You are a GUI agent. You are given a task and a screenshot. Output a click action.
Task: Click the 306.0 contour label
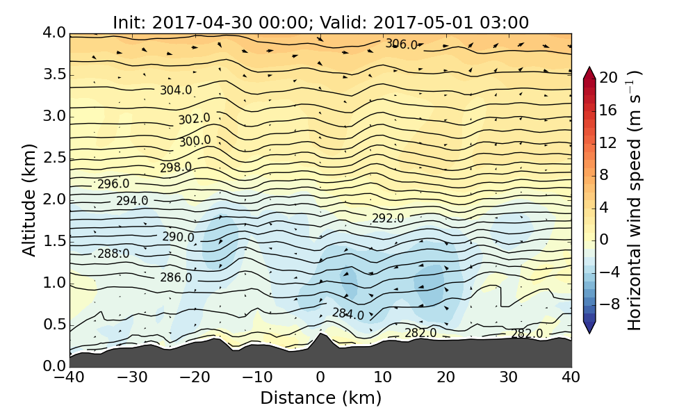click(x=402, y=45)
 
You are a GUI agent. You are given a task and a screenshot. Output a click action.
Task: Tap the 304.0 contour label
click(x=176, y=90)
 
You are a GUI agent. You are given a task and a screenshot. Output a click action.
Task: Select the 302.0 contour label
click(x=194, y=120)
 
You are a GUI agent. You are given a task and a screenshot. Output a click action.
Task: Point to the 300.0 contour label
click(x=195, y=141)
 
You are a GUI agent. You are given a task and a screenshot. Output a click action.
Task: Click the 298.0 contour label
click(x=176, y=167)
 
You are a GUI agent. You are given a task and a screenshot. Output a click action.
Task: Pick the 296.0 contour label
click(x=113, y=184)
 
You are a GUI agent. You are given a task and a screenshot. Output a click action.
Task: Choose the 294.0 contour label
click(x=132, y=201)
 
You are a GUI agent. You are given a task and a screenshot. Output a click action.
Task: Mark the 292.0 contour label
click(x=388, y=218)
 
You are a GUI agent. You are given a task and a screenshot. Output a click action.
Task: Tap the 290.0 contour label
click(x=179, y=237)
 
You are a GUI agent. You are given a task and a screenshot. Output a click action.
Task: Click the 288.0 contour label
click(x=113, y=254)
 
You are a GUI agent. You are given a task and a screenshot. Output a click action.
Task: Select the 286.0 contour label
click(x=176, y=278)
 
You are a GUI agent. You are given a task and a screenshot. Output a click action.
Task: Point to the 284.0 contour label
click(x=348, y=314)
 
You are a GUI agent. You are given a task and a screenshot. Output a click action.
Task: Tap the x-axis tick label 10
click(x=383, y=377)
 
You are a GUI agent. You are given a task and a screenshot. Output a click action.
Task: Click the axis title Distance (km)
click(x=320, y=398)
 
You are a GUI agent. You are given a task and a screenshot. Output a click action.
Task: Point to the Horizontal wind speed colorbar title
click(x=635, y=201)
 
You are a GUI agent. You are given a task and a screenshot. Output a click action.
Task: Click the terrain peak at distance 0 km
click(x=320, y=334)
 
